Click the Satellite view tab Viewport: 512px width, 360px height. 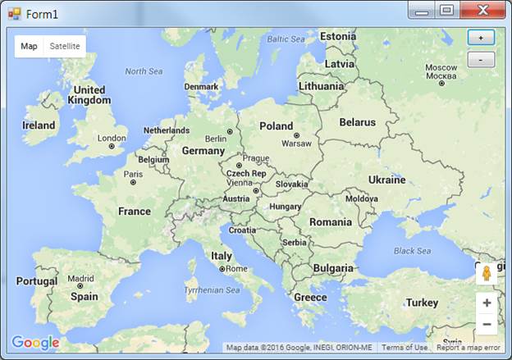click(x=65, y=46)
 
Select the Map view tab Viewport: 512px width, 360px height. click(x=29, y=46)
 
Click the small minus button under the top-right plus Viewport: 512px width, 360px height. click(x=481, y=60)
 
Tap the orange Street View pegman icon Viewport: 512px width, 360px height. click(x=487, y=274)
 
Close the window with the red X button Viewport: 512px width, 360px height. click(x=482, y=11)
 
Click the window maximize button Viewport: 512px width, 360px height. click(x=446, y=11)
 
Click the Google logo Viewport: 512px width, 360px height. click(x=35, y=343)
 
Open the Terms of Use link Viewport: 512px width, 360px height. click(x=405, y=348)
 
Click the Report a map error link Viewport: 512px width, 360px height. click(x=468, y=348)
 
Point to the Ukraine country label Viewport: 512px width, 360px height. click(x=386, y=180)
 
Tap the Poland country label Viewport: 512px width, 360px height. click(x=276, y=126)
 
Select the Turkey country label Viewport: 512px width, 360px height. click(x=422, y=303)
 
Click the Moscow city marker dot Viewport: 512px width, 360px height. click(x=441, y=82)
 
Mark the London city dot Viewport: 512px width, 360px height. click(x=112, y=146)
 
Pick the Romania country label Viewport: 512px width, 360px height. click(x=330, y=222)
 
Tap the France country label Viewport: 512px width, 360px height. click(x=135, y=211)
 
